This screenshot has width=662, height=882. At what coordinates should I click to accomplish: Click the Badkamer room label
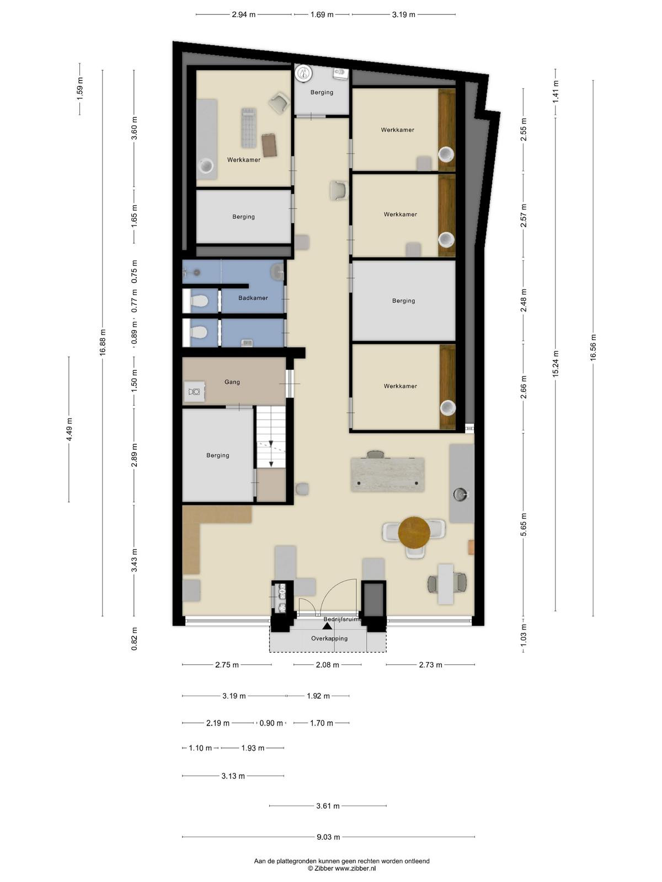[253, 298]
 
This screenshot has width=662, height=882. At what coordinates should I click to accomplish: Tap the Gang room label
[232, 381]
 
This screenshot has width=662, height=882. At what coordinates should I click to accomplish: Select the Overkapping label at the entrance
[329, 638]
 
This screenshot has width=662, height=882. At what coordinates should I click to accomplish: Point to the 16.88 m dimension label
[103, 342]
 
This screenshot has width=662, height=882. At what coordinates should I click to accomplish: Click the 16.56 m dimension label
[593, 348]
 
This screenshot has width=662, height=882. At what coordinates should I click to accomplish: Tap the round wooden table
[414, 532]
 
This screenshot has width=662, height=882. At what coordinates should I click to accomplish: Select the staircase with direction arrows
[271, 437]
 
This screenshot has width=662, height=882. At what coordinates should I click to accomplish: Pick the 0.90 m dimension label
[271, 723]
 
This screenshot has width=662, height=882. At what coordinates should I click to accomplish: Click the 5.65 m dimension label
[524, 524]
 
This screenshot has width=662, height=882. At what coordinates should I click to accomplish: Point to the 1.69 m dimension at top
[322, 15]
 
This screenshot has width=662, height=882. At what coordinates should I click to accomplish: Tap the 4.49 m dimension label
[70, 429]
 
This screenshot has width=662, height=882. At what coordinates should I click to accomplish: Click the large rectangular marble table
[387, 475]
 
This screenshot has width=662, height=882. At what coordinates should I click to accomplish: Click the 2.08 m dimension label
[327, 665]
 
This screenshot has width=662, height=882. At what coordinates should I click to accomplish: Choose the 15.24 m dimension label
[556, 364]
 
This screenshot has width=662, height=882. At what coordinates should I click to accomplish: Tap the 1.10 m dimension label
[200, 748]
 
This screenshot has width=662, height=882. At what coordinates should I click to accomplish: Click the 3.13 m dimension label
[233, 776]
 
